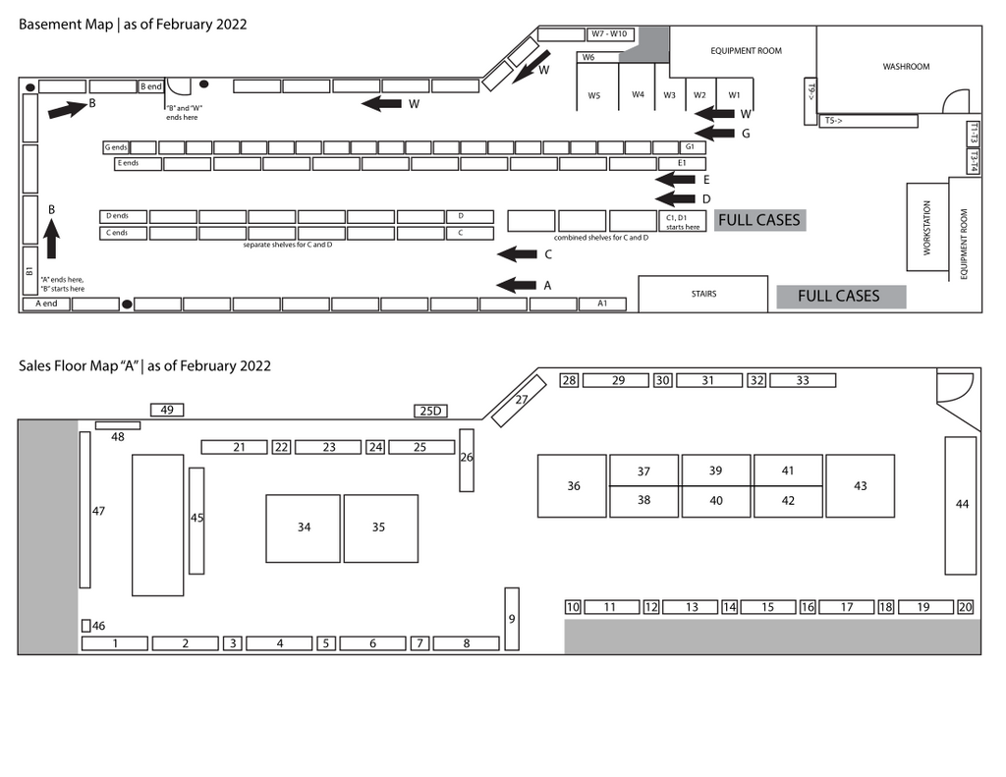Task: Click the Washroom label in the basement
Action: coord(905,66)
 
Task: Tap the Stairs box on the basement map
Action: coord(703,294)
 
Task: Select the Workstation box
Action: coord(927,227)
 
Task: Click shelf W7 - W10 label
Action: coord(610,34)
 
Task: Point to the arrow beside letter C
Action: coord(517,254)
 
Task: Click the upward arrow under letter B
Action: coord(51,238)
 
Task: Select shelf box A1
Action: coord(602,304)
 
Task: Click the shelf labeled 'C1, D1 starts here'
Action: coord(682,221)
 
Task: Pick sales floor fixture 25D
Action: coord(430,411)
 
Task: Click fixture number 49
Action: coord(167,410)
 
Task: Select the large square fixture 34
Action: coord(303,528)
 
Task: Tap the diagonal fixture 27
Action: coord(519,401)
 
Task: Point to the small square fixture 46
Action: coord(86,625)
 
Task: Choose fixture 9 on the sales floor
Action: coord(511,619)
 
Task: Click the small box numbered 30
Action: coord(663,380)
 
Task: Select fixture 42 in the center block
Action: coord(788,501)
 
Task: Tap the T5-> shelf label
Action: coord(833,120)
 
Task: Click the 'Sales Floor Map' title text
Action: coord(79,365)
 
